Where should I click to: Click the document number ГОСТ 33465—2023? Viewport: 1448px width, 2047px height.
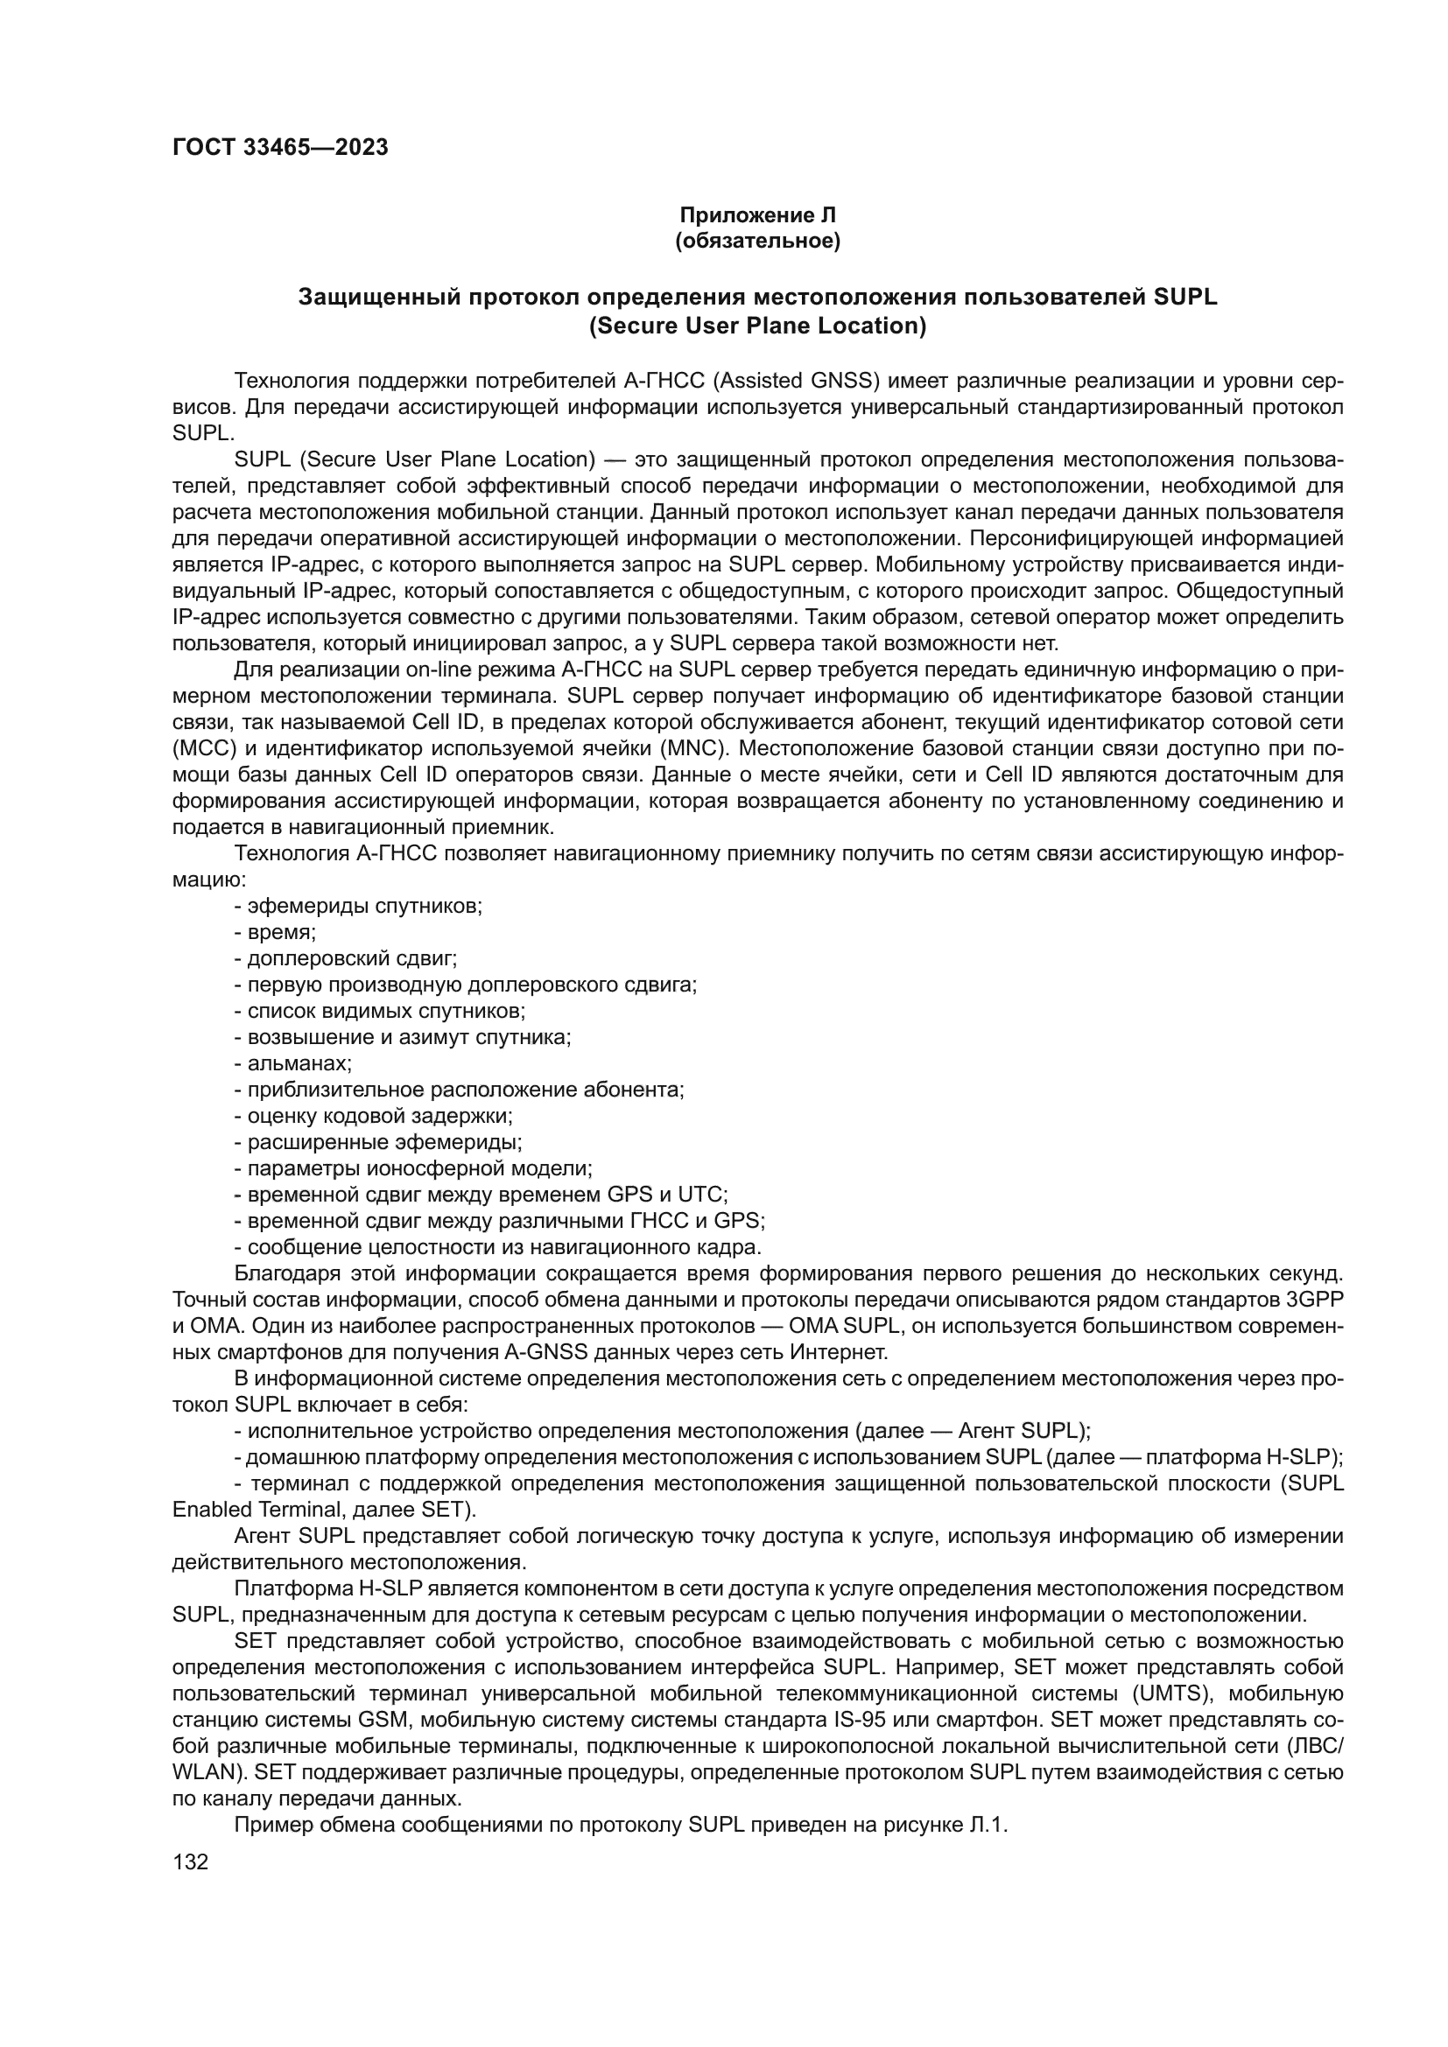[280, 148]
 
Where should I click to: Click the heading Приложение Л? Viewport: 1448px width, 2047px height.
[758, 215]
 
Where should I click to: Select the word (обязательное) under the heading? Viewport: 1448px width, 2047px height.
[758, 242]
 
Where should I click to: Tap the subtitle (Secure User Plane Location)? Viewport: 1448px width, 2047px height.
[758, 326]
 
